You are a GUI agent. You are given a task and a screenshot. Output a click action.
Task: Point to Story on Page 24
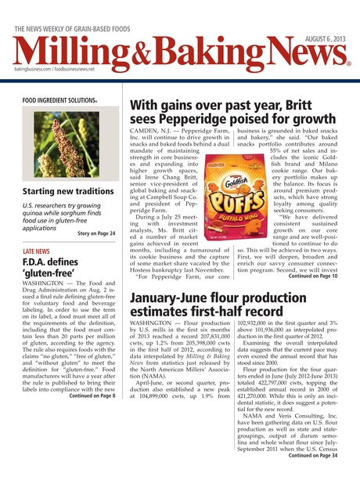point(97,233)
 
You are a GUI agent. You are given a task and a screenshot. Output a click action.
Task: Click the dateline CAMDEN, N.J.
point(151,130)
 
